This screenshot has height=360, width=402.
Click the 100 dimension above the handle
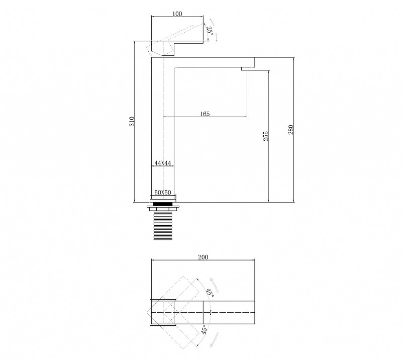click(177, 14)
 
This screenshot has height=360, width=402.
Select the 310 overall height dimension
click(132, 121)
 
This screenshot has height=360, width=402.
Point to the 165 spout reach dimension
click(205, 114)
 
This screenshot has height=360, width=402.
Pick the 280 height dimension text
click(290, 130)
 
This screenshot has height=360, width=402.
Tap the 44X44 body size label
click(163, 163)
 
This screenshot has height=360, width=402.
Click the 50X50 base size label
click(163, 193)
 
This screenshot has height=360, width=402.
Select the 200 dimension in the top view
click(203, 257)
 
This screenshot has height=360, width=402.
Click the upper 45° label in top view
click(210, 293)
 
